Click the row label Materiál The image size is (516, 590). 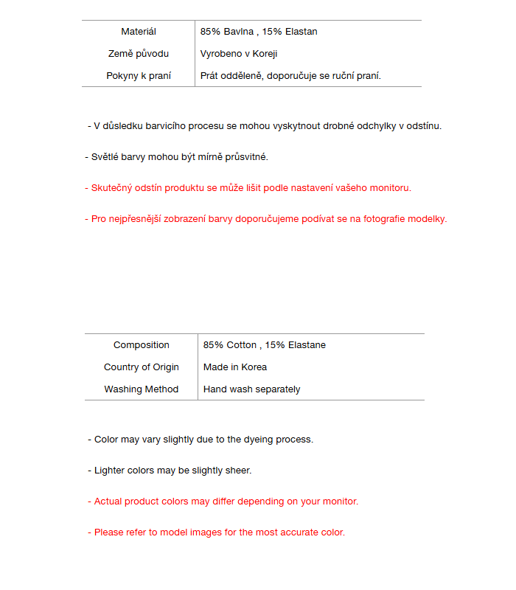coord(139,32)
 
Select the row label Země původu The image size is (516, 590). coord(139,54)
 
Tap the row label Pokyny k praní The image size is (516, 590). coord(139,76)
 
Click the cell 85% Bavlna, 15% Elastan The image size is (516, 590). coord(259,32)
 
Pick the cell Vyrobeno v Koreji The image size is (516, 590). coord(239,54)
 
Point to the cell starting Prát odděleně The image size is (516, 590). coord(290,76)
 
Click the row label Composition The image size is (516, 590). coord(142,345)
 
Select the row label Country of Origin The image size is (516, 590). coord(142,367)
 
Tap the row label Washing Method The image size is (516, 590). coord(142,389)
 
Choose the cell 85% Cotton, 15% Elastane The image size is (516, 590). coord(265,345)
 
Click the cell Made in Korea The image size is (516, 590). coord(235,367)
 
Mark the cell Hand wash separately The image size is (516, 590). coord(252,389)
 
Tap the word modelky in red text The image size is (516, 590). coord(428,219)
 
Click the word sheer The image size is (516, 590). coord(239,471)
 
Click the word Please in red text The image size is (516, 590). coord(109,532)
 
